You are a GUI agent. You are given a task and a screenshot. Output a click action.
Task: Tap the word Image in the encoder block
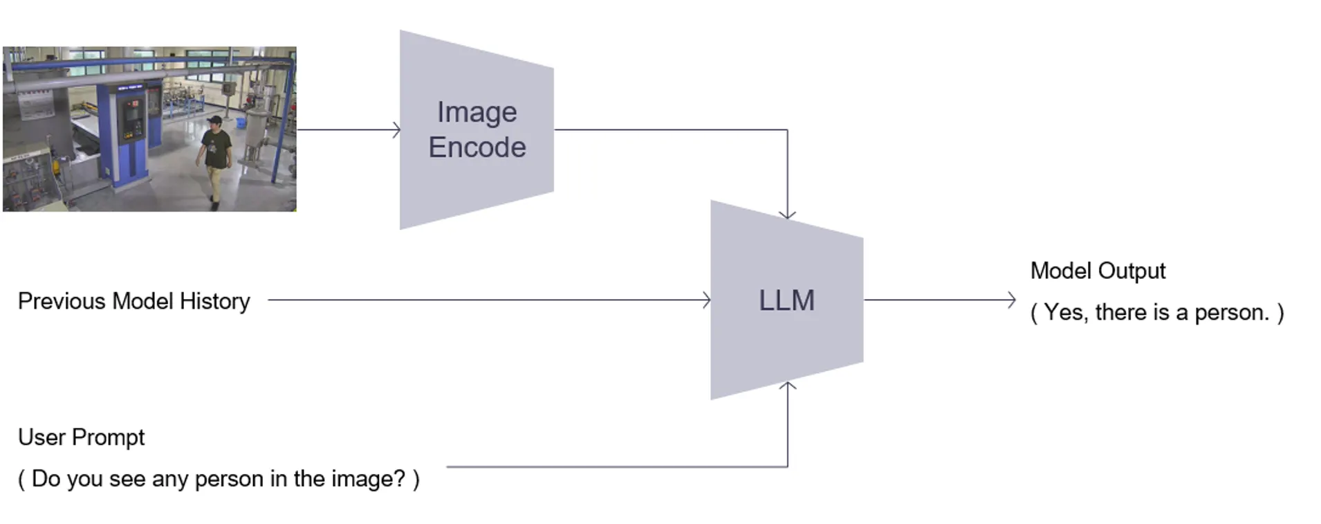[477, 112]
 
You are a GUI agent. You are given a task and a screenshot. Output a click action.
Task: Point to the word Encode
[477, 147]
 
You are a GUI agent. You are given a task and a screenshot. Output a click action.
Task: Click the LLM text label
[786, 300]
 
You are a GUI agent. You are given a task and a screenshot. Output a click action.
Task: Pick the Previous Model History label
[133, 301]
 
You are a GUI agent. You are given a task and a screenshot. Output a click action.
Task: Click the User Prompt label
[81, 437]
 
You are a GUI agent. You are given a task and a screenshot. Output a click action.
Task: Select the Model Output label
[1098, 271]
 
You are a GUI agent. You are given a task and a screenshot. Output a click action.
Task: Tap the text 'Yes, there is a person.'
[1156, 312]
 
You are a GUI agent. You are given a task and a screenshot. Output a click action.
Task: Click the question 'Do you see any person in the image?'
[219, 478]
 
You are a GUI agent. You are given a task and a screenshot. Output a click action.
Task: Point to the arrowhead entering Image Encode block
[397, 129]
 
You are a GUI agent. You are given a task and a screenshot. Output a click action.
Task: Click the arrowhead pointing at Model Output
[1013, 300]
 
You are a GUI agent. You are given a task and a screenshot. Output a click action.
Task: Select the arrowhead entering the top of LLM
[787, 215]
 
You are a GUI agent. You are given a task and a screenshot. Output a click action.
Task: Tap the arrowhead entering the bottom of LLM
[787, 385]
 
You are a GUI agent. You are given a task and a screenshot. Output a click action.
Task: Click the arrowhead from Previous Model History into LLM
[707, 300]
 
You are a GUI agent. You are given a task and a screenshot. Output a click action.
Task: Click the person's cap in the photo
[215, 120]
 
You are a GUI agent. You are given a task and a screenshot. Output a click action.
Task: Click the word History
[214, 301]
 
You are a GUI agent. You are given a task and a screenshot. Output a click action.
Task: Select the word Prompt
[108, 437]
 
